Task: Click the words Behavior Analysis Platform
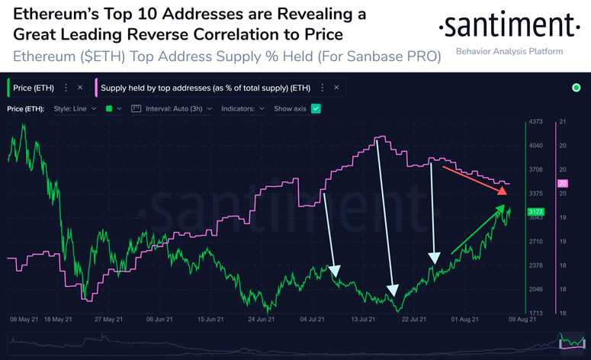(x=509, y=52)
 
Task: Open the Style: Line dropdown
(x=75, y=109)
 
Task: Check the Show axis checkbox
(x=316, y=109)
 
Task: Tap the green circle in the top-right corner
(x=576, y=88)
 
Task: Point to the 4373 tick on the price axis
(x=535, y=122)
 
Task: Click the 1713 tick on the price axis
(x=535, y=313)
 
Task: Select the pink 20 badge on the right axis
(x=564, y=184)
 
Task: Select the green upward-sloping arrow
(x=479, y=230)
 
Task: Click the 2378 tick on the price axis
(x=535, y=265)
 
